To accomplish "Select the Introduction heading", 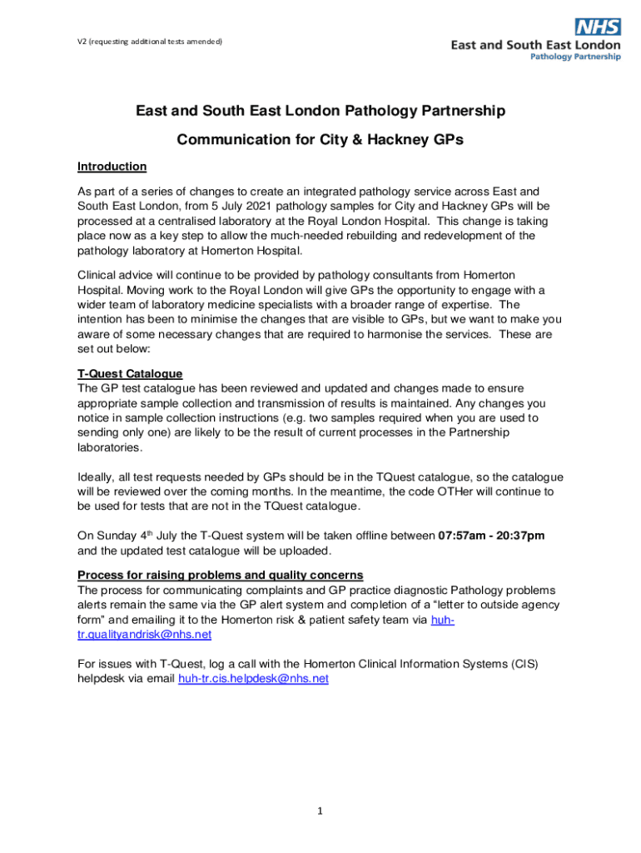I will coord(112,167).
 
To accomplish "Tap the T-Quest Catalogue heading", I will coord(130,374).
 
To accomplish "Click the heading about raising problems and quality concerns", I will coord(220,576).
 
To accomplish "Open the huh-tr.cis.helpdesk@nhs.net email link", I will coord(253,679).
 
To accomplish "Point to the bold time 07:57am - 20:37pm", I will coord(491,536).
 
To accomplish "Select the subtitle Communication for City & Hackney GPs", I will coord(320,141).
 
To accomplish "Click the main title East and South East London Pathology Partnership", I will coord(320,111).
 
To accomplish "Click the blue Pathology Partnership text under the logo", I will coord(575,57).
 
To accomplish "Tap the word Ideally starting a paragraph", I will coord(100,477).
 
